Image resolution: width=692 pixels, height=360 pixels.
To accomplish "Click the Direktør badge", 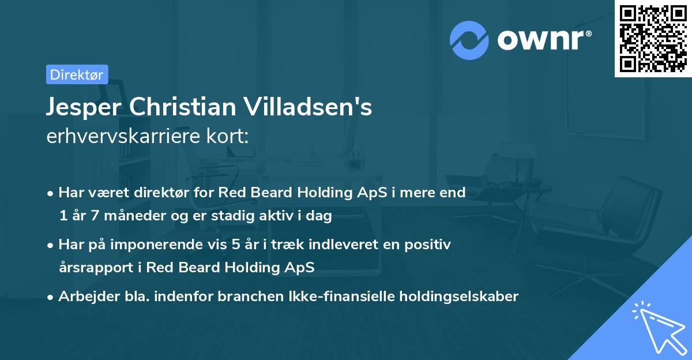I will (77, 74).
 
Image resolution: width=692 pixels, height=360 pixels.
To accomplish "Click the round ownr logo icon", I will (469, 40).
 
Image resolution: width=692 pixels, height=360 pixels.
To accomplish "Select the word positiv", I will (430, 245).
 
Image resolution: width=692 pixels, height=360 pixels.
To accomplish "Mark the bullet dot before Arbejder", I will (51, 297).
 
